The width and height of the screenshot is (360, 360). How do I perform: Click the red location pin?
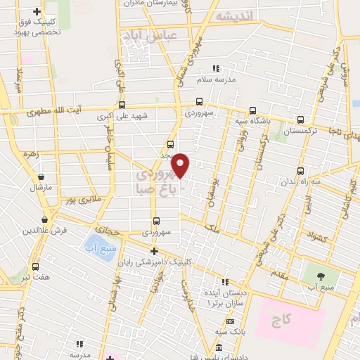click(181, 165)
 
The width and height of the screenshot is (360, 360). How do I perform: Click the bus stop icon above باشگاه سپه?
click(252, 110)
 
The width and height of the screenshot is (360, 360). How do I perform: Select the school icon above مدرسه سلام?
click(217, 68)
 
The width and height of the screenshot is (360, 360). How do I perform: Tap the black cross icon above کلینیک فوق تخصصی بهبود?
click(37, 12)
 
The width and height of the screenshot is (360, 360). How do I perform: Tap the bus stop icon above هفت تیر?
click(35, 266)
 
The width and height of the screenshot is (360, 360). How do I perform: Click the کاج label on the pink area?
click(283, 320)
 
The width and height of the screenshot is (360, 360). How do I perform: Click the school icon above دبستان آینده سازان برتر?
click(224, 283)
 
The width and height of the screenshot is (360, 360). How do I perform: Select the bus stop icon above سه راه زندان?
click(301, 171)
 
